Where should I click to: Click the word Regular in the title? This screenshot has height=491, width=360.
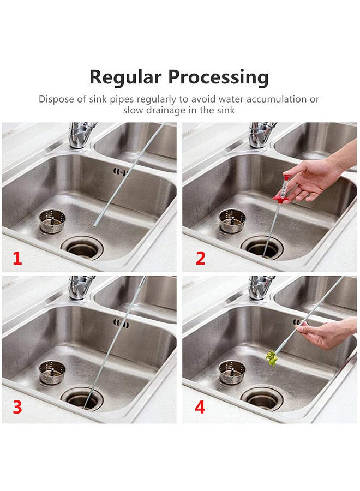point(125,77)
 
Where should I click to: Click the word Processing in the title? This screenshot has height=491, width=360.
point(218,77)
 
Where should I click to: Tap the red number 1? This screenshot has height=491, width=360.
point(17,259)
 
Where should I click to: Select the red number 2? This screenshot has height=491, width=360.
point(201,259)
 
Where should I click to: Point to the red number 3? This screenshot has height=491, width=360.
point(17,407)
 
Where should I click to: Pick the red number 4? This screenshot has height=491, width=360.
point(200,407)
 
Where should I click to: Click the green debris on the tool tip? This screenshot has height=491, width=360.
point(272,358)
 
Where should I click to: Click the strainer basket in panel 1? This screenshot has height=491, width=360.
point(52,221)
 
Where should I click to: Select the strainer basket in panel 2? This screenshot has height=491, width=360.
point(232,221)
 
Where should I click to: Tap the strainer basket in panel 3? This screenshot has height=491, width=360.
point(52,372)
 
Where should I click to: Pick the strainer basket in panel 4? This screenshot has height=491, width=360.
point(232,372)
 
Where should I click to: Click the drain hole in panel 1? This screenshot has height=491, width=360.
point(82,248)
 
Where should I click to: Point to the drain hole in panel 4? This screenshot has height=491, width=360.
point(262,399)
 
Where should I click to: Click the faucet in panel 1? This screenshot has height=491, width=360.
point(81,135)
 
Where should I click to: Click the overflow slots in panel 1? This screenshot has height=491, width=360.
point(121,172)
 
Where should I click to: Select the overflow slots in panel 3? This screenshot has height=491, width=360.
point(121,324)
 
